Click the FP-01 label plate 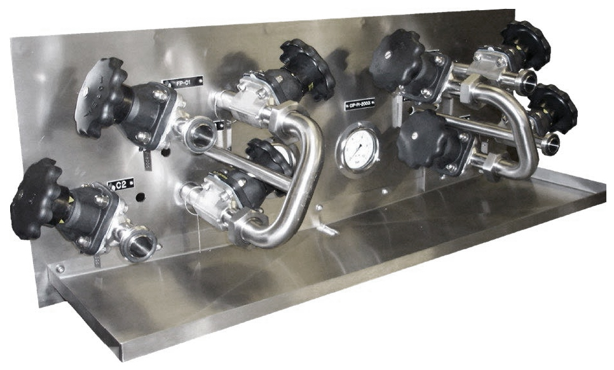point(182,81)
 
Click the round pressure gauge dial point(358,147)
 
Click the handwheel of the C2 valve point(36,198)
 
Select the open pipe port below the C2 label point(142,245)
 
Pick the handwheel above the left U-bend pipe point(308,69)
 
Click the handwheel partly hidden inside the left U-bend point(269,156)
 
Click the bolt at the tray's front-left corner point(60,269)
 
